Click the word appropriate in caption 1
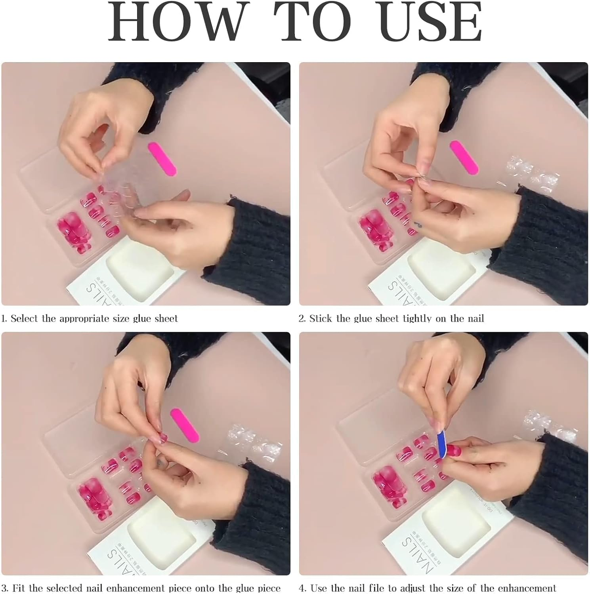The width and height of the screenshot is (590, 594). tap(84, 319)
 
